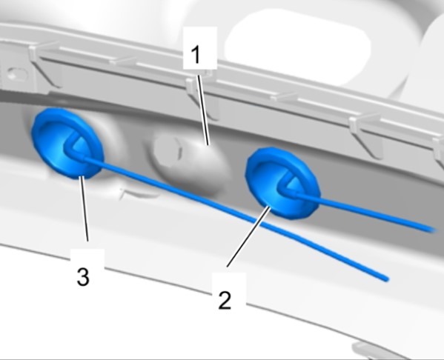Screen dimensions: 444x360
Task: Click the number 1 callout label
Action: click(x=196, y=55)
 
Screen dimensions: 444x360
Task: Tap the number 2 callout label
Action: click(x=225, y=301)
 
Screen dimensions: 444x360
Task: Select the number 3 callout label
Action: click(x=83, y=277)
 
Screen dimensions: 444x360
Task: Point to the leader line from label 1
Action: click(x=203, y=110)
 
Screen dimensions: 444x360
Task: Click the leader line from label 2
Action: click(x=248, y=236)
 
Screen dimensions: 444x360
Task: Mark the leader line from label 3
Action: click(x=84, y=209)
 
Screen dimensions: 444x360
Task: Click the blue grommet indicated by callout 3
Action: click(x=67, y=143)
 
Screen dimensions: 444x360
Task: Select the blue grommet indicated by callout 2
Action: click(x=282, y=184)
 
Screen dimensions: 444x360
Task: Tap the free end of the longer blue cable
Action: click(x=386, y=279)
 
